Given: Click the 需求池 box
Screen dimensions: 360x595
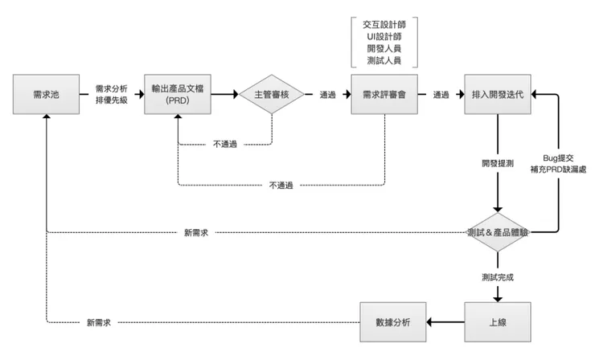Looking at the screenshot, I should pos(46,95).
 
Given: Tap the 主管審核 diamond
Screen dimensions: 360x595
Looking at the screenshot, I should pos(271,95).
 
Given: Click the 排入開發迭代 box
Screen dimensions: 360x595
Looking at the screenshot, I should pos(498,95).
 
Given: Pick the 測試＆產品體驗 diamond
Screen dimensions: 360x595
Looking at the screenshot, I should pos(498,232).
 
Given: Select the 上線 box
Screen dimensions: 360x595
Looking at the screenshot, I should pos(498,322).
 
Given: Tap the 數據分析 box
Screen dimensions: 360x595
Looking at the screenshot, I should pos(392,322).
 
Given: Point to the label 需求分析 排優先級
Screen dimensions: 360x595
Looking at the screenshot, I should pos(111,95).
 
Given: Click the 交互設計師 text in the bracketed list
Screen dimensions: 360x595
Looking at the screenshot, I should pos(384,24).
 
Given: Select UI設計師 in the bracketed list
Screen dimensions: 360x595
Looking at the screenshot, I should pos(384,36).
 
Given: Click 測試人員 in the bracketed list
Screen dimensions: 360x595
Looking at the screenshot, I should pos(384,60).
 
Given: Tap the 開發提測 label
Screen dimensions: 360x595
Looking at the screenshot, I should pos(498,163).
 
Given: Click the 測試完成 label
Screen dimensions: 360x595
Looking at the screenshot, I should pos(498,277).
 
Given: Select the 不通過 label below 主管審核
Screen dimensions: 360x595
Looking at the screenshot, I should pos(225,145).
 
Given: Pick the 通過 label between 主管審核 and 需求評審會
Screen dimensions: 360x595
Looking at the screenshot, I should pos(327,95).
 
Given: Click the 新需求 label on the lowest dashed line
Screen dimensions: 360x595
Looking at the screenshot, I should pos(98,322).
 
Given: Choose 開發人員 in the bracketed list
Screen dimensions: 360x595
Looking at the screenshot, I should pos(384,48).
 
